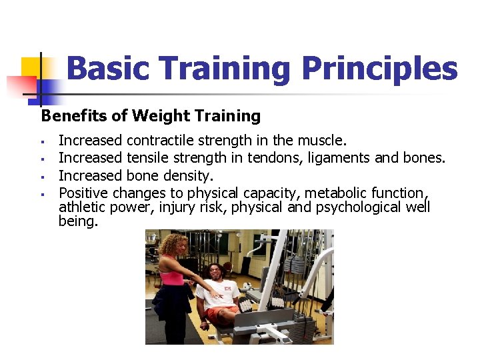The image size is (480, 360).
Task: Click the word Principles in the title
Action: pyautogui.click(x=380, y=69)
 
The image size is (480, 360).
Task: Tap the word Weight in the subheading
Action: pyautogui.click(x=155, y=116)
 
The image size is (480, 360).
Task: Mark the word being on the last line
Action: pyautogui.click(x=78, y=221)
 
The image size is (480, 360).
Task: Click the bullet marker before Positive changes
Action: pyautogui.click(x=41, y=194)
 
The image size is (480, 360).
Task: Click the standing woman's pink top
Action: pyautogui.click(x=172, y=274)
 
